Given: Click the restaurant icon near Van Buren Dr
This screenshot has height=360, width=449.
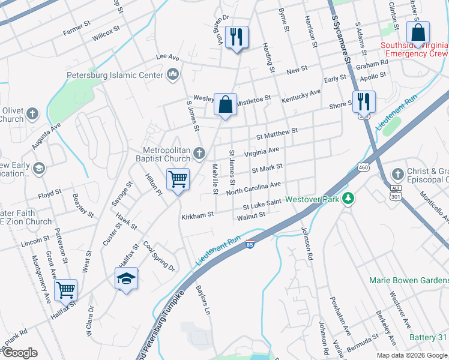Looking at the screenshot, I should click(x=237, y=37).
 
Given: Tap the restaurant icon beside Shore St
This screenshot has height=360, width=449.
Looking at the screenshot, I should click(x=364, y=102).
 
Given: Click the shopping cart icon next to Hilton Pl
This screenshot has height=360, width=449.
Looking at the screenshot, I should click(x=178, y=179).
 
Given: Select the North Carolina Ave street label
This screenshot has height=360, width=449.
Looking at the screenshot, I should click(x=253, y=188).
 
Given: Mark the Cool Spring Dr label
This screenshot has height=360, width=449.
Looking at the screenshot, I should click(x=159, y=256).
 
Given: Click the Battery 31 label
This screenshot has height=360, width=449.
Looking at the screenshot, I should click(x=429, y=337).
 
